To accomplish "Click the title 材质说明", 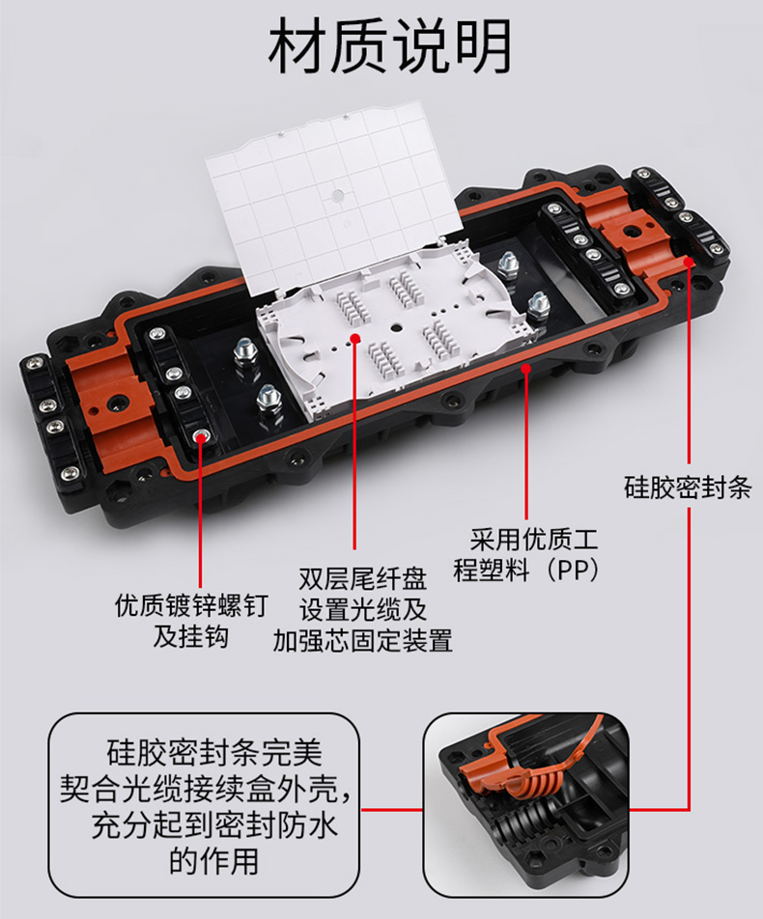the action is [x=389, y=45].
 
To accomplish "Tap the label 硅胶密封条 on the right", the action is [x=688, y=487].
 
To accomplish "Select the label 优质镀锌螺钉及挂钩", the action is [x=191, y=622].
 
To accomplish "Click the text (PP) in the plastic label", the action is [x=573, y=570].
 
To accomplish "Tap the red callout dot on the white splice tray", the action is [x=354, y=338].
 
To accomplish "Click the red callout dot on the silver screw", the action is [x=201, y=435].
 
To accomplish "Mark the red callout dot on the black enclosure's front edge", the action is [x=526, y=369].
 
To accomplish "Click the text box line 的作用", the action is [x=214, y=861].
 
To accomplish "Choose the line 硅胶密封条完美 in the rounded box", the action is [x=214, y=752].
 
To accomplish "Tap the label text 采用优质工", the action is [x=534, y=539].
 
